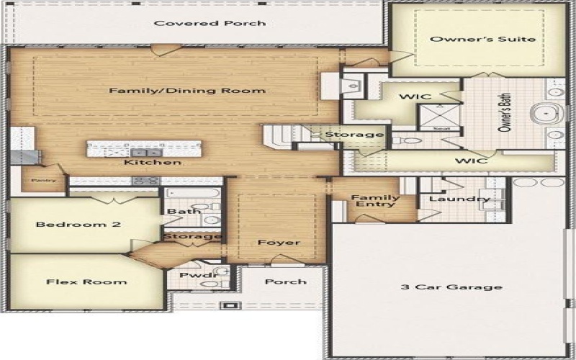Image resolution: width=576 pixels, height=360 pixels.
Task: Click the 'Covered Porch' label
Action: pos(210,23)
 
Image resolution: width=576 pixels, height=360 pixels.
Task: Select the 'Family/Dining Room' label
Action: pos(187,91)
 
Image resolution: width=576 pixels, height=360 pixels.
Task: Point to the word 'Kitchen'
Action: pos(152,163)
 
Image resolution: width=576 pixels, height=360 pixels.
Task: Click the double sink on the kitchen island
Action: pos(145,152)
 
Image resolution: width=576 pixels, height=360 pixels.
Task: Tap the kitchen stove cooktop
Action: pos(145,181)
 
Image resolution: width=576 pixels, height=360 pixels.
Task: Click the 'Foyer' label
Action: pos(279,243)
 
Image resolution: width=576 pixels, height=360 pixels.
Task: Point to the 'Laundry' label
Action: pos(449,199)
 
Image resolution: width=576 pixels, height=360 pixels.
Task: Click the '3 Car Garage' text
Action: pos(451,287)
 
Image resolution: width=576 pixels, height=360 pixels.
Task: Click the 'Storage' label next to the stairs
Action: pos(354,135)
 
